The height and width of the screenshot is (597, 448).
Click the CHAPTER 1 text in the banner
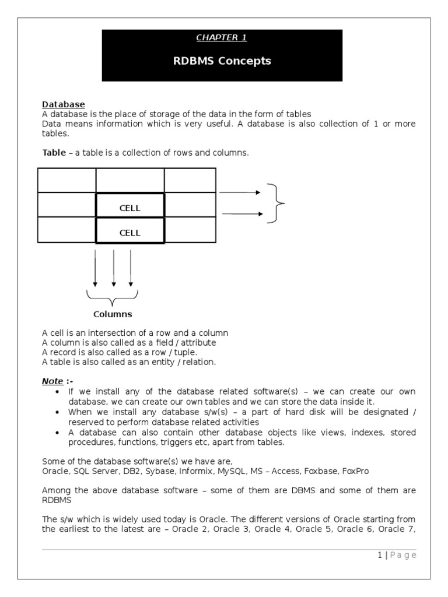(221, 38)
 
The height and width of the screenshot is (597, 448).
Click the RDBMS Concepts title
(222, 61)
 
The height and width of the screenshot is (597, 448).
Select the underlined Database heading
(64, 104)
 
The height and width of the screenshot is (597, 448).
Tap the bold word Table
(54, 153)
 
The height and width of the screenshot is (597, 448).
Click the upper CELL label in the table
(130, 208)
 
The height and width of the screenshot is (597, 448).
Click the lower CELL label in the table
(130, 233)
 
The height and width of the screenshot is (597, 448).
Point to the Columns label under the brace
(113, 314)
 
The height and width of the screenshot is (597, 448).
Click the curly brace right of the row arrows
(276, 203)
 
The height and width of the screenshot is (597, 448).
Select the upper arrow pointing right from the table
(240, 192)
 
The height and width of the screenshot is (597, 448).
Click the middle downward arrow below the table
(113, 269)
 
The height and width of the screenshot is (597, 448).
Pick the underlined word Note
(52, 381)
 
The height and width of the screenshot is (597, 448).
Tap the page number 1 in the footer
(379, 555)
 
